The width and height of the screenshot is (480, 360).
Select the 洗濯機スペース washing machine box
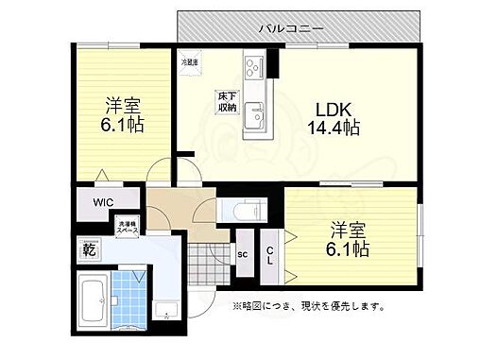pyautogui.click(x=128, y=227)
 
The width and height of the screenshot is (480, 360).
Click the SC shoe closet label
pyautogui.click(x=243, y=253)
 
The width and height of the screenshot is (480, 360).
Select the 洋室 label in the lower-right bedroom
pyautogui.click(x=348, y=231)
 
